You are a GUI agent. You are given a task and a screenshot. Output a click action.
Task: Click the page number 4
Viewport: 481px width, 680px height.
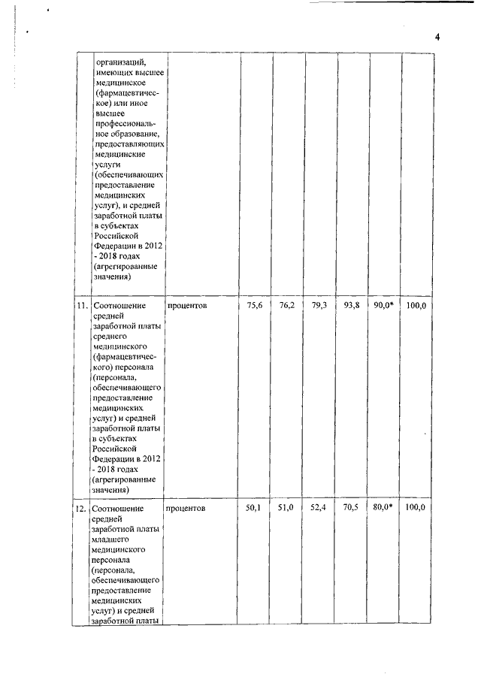click(x=435, y=38)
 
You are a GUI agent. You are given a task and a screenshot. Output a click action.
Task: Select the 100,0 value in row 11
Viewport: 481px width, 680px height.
click(x=416, y=305)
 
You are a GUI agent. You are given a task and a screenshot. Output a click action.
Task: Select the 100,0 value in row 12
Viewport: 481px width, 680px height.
click(x=416, y=508)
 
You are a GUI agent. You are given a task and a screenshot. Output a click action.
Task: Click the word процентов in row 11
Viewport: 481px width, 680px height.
click(x=187, y=306)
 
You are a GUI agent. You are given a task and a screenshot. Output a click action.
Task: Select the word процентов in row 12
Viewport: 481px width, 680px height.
click(x=187, y=509)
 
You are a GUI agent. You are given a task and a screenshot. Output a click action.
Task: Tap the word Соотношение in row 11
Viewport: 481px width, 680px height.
click(x=123, y=306)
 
